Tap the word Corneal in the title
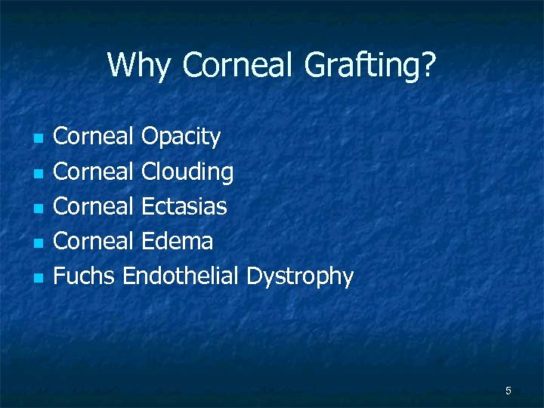(x=237, y=66)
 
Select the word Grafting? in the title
(x=370, y=66)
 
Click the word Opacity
(x=181, y=138)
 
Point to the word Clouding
(x=187, y=172)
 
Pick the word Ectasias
(x=184, y=206)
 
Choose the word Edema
(x=177, y=242)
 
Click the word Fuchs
(x=84, y=277)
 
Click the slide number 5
(x=508, y=391)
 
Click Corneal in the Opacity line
(x=94, y=137)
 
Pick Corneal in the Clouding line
(x=94, y=172)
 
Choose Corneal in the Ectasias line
(x=94, y=206)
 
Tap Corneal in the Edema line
(x=94, y=242)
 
